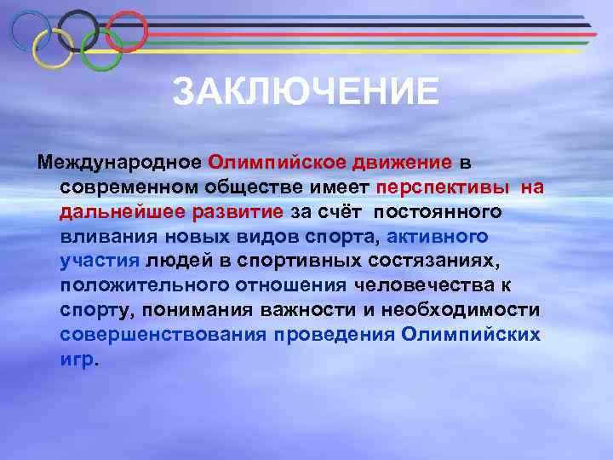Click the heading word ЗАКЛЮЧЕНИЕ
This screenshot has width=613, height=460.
click(306, 92)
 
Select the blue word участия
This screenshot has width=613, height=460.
click(100, 260)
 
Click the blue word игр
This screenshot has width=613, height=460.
click(77, 358)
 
